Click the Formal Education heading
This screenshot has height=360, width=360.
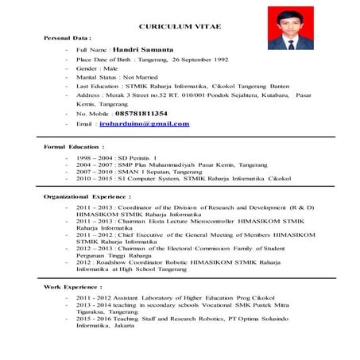click(x=74, y=148)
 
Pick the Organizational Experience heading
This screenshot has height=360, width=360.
click(x=87, y=195)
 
